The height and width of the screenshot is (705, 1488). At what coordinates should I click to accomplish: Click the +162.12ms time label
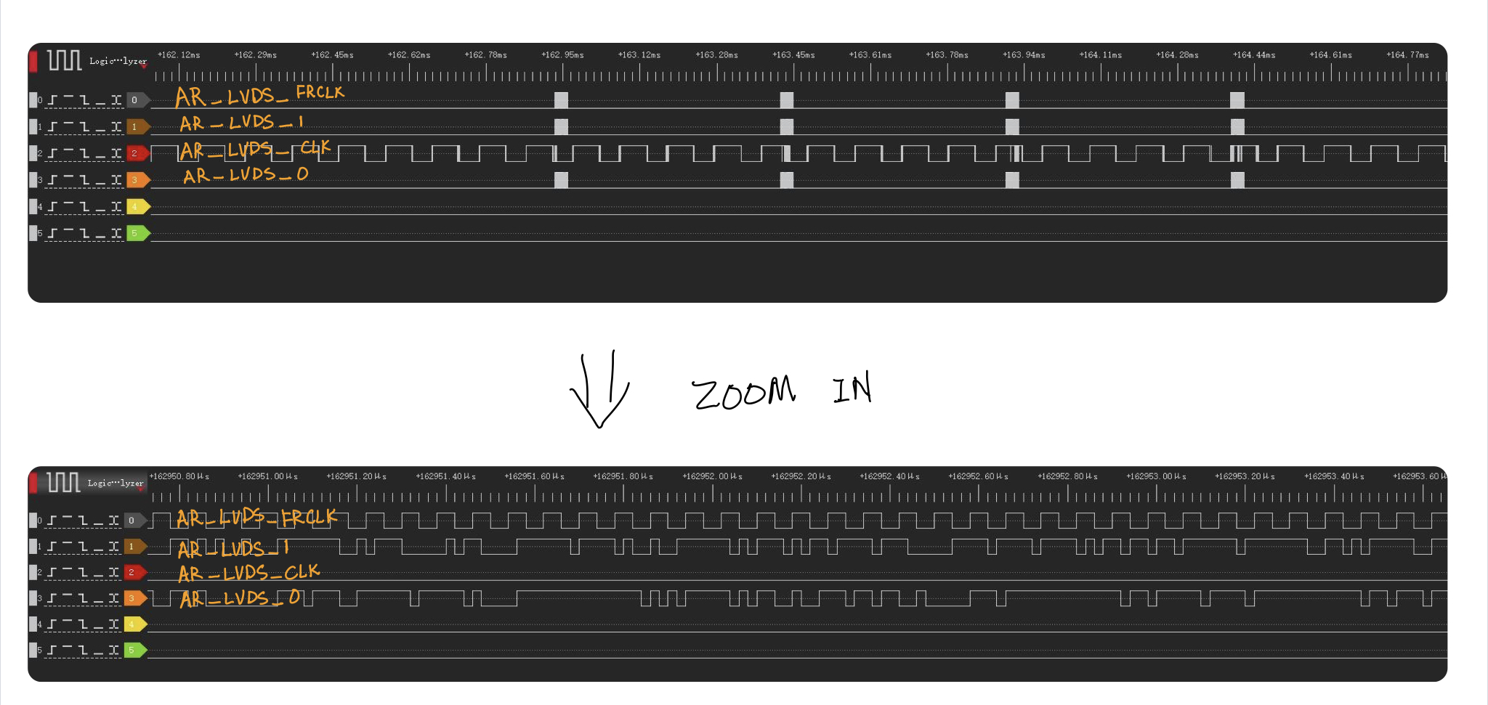[x=179, y=55]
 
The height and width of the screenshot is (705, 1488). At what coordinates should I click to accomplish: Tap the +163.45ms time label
[x=793, y=55]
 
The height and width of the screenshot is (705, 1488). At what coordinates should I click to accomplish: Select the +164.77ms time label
[x=1407, y=55]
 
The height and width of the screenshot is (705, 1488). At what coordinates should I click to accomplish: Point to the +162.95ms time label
[x=562, y=55]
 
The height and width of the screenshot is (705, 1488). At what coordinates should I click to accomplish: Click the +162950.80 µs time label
[x=179, y=477]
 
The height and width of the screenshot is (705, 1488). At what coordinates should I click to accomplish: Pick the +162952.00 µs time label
[x=712, y=477]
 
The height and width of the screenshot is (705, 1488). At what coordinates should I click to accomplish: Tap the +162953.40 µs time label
[x=1334, y=477]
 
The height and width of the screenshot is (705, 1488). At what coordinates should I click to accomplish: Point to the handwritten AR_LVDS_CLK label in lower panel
[x=249, y=574]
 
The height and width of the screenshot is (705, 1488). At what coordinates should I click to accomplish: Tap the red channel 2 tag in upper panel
[x=137, y=153]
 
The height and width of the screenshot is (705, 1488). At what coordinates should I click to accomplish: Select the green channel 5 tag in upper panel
[x=137, y=233]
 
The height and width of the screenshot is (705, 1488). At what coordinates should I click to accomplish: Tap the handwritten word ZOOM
[x=743, y=393]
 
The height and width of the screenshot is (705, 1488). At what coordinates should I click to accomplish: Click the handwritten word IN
[x=852, y=388]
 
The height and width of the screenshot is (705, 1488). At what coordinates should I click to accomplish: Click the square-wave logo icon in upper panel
[x=64, y=60]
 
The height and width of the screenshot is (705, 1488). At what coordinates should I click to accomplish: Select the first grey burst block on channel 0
[x=561, y=100]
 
